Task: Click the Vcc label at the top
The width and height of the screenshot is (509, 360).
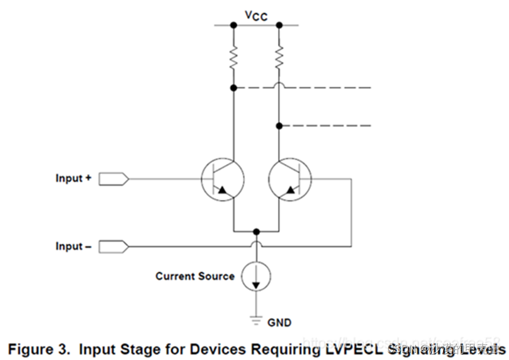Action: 256,15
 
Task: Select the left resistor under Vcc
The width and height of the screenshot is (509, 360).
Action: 234,57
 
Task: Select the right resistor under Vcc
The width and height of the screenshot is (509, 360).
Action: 279,57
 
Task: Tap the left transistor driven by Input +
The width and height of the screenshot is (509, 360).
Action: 223,178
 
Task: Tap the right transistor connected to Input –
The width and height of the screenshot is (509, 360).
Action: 290,178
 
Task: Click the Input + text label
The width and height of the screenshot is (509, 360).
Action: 74,178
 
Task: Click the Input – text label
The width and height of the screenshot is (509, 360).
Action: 74,246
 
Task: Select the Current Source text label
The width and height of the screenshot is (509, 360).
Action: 195,276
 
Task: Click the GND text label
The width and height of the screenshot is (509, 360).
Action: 279,322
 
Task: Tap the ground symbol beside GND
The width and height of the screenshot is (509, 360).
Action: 256,321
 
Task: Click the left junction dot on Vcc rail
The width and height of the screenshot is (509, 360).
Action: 234,25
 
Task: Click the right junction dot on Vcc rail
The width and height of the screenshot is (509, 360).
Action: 279,25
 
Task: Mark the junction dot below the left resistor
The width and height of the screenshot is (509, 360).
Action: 234,88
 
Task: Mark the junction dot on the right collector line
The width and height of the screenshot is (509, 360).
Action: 279,126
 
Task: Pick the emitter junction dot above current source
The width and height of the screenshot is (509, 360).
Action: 256,231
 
